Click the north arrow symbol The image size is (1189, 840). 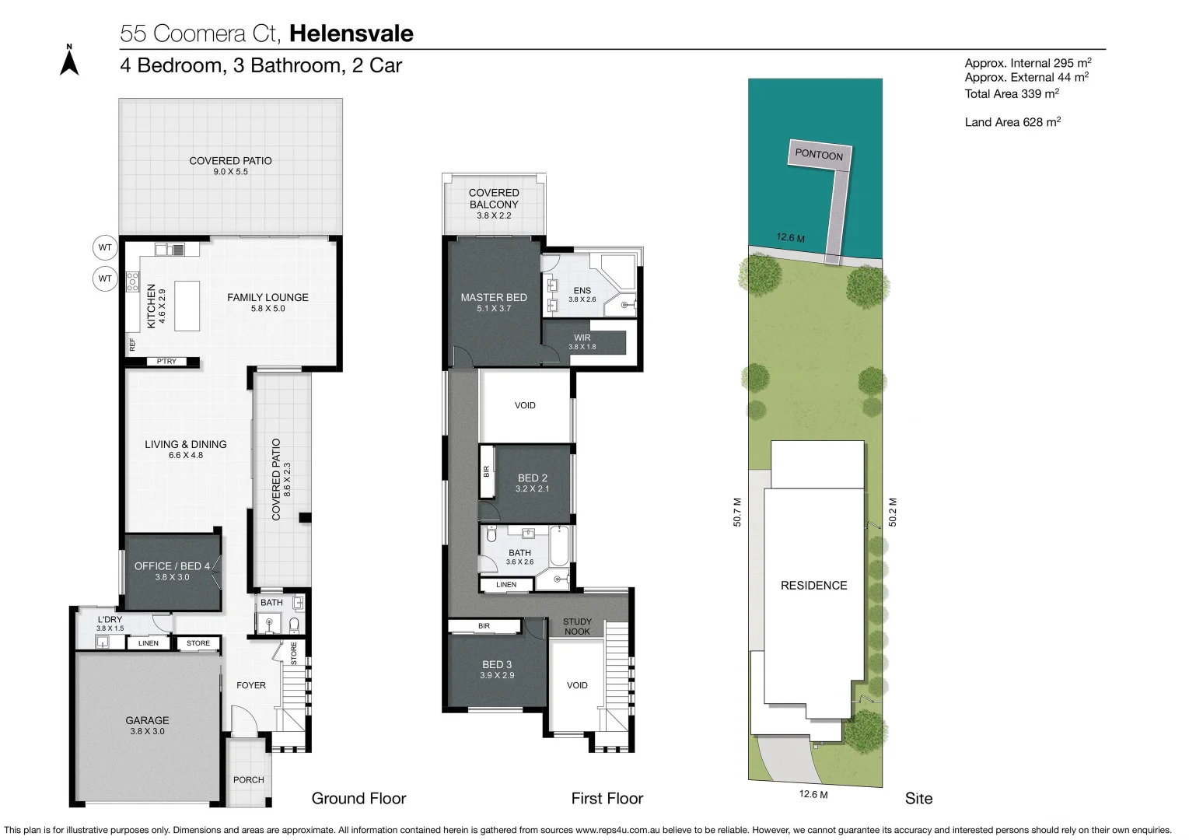click(x=69, y=61)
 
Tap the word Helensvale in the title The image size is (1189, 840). click(x=351, y=33)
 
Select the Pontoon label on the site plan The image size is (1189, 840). click(x=819, y=154)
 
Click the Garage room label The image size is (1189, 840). click(x=147, y=721)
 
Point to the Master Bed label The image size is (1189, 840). click(x=493, y=297)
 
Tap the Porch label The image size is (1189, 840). click(x=249, y=780)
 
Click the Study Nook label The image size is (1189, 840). click(x=577, y=626)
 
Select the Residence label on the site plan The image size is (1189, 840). click(x=813, y=586)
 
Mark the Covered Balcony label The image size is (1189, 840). click(x=494, y=198)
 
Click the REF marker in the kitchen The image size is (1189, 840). click(x=133, y=344)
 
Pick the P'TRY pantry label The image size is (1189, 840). click(x=166, y=362)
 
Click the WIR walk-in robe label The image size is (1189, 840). click(x=582, y=338)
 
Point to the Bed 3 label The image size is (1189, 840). click(x=497, y=664)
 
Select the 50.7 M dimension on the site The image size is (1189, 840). click(x=737, y=513)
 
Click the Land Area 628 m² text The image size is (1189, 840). click(x=1012, y=122)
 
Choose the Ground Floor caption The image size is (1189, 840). click(x=358, y=799)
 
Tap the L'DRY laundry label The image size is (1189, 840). click(x=110, y=619)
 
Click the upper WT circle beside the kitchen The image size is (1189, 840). click(x=105, y=248)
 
